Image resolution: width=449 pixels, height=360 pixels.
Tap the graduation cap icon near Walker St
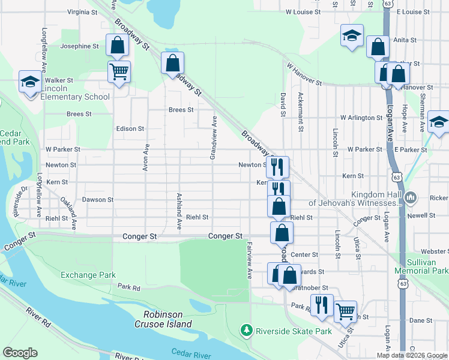click(29, 83)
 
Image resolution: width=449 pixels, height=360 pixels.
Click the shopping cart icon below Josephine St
click(119, 71)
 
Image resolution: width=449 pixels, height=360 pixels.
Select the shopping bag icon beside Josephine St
click(117, 45)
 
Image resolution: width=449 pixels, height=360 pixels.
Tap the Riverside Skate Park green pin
click(246, 331)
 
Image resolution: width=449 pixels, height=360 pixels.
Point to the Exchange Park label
click(88, 275)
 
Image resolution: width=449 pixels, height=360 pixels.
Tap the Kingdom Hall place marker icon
click(411, 197)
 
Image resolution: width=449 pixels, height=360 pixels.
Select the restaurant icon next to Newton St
click(277, 167)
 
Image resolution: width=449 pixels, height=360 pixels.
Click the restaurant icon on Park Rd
click(322, 305)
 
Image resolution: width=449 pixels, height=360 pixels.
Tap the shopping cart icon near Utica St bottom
click(345, 311)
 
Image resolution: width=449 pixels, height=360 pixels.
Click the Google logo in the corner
click(20, 353)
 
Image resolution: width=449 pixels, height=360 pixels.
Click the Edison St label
click(130, 128)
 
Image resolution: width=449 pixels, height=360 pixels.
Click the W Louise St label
click(304, 11)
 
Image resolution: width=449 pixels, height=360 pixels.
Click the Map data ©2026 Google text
click(412, 355)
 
